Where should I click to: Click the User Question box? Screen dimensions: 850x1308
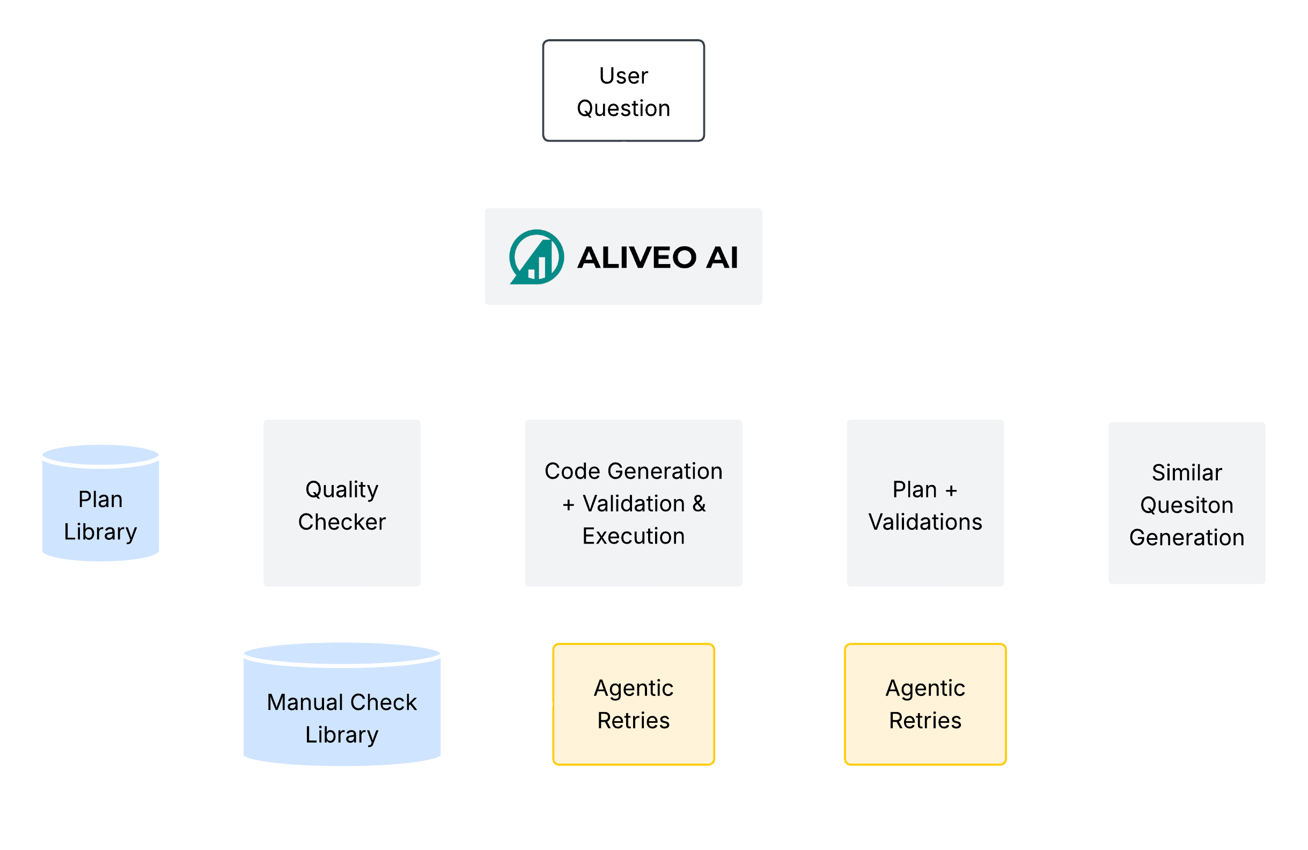click(x=623, y=91)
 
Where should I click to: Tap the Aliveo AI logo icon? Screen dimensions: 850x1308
click(x=536, y=257)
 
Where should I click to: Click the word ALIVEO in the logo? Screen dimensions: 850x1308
click(x=636, y=258)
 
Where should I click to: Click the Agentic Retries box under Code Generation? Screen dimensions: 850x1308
click(x=633, y=704)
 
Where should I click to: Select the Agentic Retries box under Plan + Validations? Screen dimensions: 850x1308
click(x=925, y=704)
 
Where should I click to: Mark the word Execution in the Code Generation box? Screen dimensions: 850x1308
click(x=633, y=536)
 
